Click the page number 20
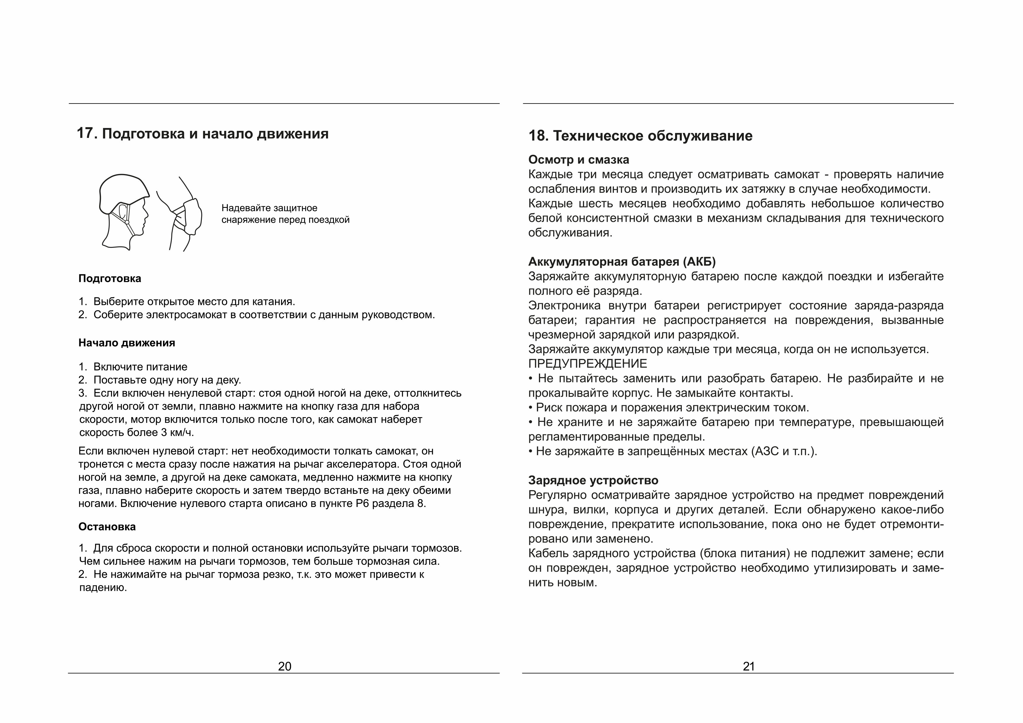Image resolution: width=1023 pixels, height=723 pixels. (x=285, y=666)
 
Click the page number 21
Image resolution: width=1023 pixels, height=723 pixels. (x=749, y=666)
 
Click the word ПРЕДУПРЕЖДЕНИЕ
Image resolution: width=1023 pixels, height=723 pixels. (x=588, y=364)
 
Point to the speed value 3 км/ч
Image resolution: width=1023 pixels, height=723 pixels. (x=177, y=433)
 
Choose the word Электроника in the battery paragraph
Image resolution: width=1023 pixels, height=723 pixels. (x=565, y=306)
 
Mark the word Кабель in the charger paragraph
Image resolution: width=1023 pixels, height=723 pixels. (x=546, y=553)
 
